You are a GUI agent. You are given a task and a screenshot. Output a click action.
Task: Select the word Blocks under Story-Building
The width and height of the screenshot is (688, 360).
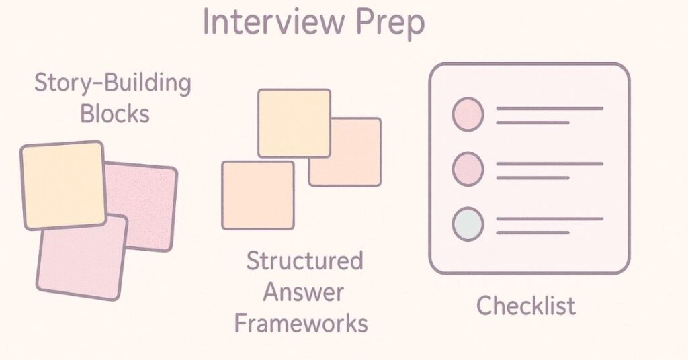point(114,113)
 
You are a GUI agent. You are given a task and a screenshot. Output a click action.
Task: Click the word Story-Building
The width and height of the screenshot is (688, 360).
point(113,85)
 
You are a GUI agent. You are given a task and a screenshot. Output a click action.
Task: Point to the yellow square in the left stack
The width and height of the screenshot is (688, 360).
point(62,185)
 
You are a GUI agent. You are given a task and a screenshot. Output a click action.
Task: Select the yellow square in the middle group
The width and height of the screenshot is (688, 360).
point(294,123)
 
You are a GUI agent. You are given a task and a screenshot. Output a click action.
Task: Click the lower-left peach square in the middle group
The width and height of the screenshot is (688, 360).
point(258,195)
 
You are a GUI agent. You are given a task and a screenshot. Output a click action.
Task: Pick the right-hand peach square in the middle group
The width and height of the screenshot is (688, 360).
point(356,161)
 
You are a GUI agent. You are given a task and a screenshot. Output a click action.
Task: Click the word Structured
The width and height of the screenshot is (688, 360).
point(304,261)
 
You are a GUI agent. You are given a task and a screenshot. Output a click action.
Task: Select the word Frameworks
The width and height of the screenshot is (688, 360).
point(300,324)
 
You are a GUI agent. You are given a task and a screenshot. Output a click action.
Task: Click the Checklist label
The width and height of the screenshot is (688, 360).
point(526,306)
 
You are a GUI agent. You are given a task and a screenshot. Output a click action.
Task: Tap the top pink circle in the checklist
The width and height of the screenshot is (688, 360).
point(468,114)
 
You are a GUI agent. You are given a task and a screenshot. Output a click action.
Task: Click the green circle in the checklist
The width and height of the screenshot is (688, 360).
point(468,224)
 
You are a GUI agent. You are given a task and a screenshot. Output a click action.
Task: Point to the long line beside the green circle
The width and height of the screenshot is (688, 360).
point(549,218)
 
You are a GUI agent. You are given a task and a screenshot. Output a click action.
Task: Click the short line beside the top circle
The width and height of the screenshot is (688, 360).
point(532,123)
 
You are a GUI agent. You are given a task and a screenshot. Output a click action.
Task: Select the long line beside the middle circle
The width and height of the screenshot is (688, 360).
point(549,163)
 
